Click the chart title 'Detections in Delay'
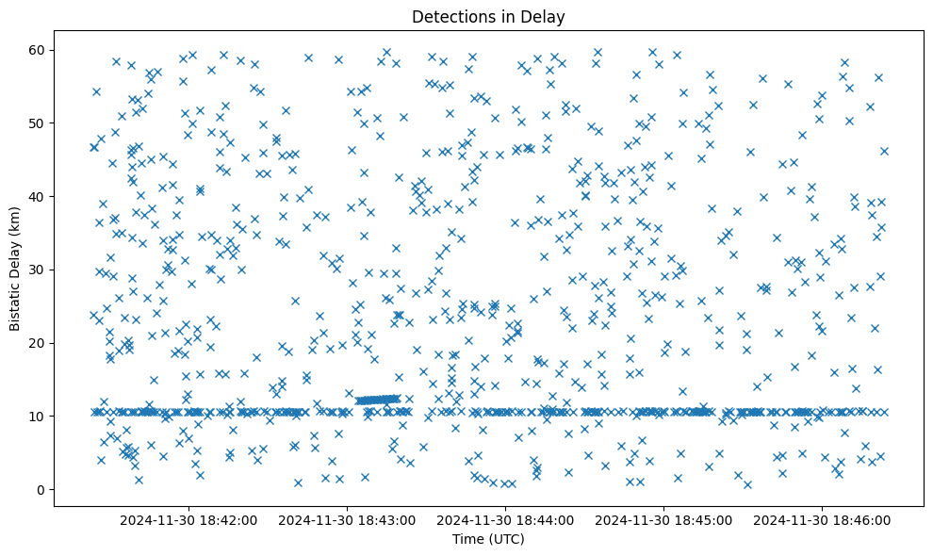tap(488, 16)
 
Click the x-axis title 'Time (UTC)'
tap(488, 540)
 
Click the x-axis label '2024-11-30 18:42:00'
tap(188, 519)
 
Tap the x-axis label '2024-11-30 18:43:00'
tap(348, 519)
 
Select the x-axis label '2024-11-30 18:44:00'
tap(506, 519)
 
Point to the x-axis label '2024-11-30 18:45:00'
tap(664, 519)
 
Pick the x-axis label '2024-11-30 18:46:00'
tap(823, 519)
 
